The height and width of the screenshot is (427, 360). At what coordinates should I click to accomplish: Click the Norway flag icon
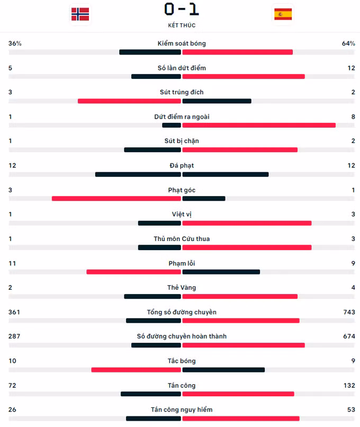coord(80,14)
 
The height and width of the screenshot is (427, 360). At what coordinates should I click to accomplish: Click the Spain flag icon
coord(283,14)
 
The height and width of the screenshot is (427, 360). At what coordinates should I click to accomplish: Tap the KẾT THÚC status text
coord(182,25)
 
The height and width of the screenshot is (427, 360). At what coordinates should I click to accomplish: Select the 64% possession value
coord(348,43)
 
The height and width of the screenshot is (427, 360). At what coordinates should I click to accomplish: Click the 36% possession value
coord(15,43)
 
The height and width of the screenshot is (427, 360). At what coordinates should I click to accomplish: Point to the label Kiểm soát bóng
coord(182,43)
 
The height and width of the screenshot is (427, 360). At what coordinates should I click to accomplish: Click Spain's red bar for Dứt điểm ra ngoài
coord(259,125)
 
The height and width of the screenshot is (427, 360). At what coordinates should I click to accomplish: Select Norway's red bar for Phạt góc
coord(116,199)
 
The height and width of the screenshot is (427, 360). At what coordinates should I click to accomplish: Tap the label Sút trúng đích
coord(182,92)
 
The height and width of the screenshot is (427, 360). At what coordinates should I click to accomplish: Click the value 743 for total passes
coord(349,312)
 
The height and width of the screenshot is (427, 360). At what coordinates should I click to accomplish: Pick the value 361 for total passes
coord(14,312)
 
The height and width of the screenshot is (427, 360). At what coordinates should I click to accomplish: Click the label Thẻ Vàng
coord(182,288)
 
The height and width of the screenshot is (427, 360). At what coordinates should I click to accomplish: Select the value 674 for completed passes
coord(349,336)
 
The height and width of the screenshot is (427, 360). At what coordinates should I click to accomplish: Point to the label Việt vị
coord(182,215)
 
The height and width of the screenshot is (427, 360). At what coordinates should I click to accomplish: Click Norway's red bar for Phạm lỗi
coord(134,272)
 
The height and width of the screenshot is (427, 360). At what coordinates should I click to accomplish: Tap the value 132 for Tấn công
coord(349,385)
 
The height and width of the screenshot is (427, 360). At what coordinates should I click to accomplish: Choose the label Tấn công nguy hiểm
coord(182,410)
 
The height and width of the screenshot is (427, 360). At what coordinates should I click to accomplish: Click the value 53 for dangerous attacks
coord(350,410)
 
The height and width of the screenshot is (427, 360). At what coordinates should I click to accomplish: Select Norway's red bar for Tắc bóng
coord(136,370)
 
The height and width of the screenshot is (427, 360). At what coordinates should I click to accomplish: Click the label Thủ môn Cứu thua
coord(182,239)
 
